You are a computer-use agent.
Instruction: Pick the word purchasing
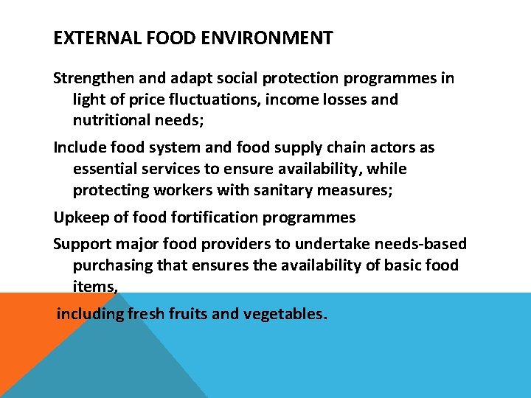(x=111, y=265)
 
